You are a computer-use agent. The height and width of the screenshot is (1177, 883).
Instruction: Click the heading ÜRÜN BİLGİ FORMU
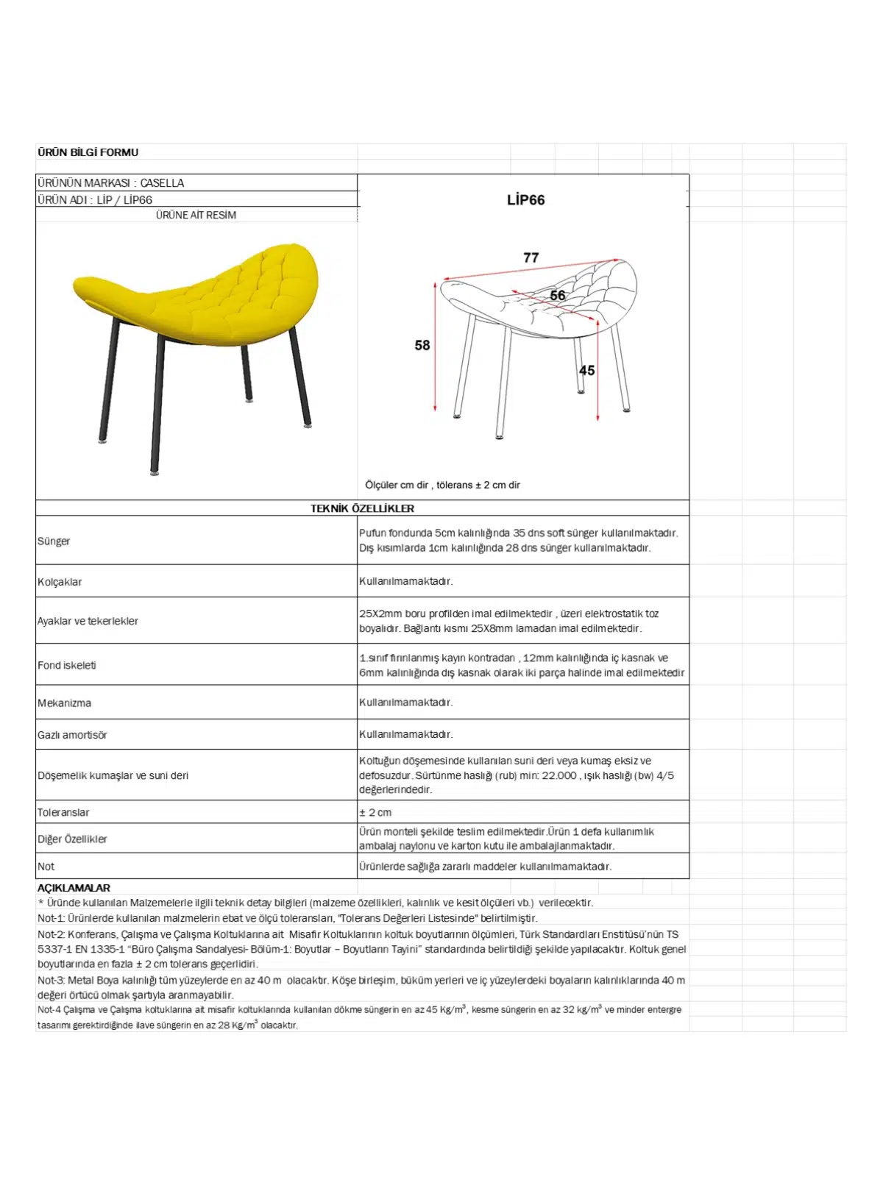88,152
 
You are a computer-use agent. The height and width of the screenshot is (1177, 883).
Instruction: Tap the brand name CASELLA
162,182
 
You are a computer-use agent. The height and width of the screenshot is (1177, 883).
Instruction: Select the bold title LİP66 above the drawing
525,199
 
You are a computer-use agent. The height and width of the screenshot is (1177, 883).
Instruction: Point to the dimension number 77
531,257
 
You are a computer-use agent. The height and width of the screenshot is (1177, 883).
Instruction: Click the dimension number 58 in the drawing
422,345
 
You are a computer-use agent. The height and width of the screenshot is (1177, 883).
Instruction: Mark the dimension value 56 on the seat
558,295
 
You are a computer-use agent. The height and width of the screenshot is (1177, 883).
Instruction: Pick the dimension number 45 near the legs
586,370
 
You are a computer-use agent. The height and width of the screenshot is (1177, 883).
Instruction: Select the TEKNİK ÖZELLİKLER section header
362,508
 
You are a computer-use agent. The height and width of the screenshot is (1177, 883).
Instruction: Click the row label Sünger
54,541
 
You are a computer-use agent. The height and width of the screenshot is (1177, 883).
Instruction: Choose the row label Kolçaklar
60,582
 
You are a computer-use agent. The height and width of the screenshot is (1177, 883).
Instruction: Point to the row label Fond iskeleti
67,665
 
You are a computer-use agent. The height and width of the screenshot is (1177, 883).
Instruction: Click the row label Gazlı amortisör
72,735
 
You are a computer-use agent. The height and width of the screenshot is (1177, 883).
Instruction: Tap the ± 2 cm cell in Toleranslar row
375,812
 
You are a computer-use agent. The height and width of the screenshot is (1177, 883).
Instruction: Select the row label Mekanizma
65,703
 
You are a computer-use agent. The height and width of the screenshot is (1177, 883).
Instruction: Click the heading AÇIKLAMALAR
74,888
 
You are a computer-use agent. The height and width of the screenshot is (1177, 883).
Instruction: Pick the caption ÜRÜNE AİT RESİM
196,215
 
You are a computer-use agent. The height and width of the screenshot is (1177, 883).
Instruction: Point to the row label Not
46,867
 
